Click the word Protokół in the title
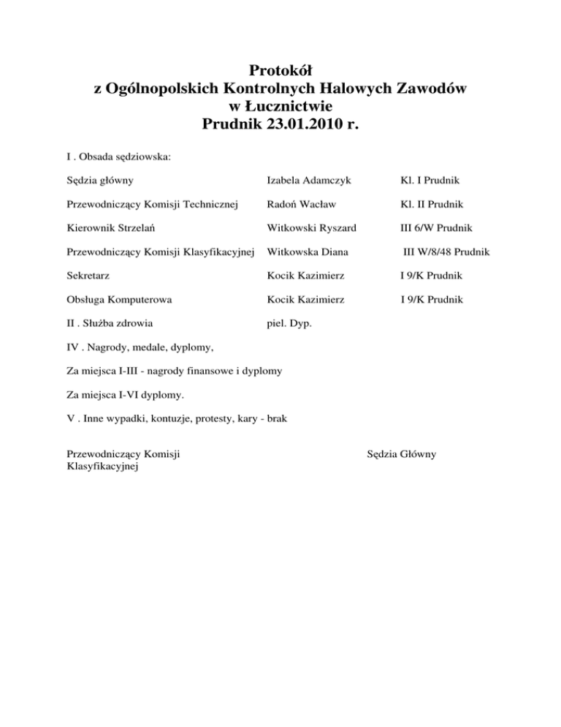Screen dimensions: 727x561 pyautogui.click(x=280, y=71)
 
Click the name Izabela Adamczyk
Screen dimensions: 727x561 pyautogui.click(x=313, y=179)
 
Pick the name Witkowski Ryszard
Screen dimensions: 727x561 pyautogui.click(x=312, y=228)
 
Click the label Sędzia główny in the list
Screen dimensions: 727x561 pyautogui.click(x=99, y=179)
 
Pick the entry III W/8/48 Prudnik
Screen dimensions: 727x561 pyautogui.click(x=448, y=252)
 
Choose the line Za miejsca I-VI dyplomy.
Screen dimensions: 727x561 pyautogui.click(x=115, y=395)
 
